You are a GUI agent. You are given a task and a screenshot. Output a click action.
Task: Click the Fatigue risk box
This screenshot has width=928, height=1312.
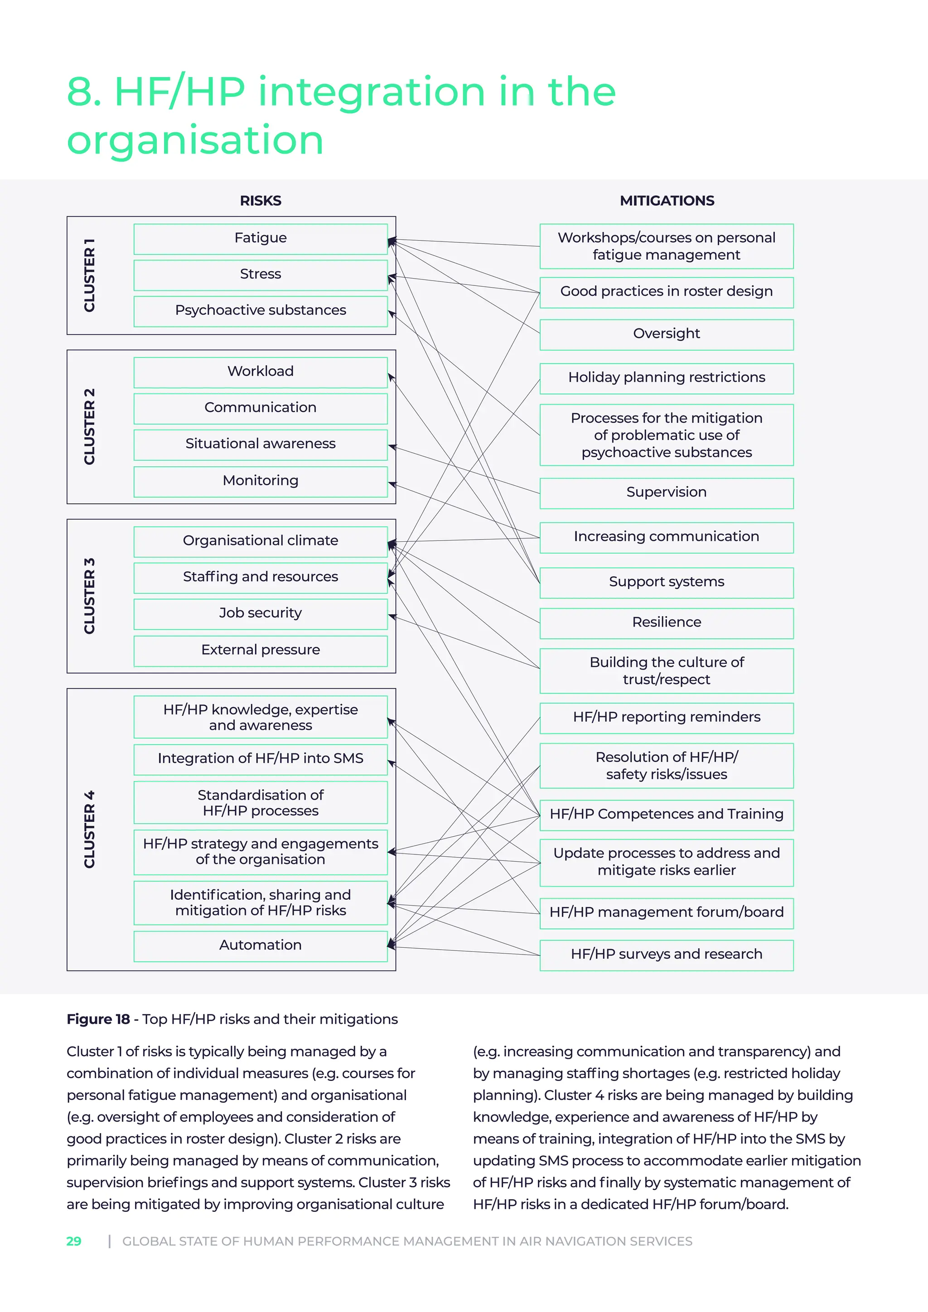click(260, 238)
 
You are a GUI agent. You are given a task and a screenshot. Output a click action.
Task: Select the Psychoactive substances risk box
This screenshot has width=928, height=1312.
click(260, 310)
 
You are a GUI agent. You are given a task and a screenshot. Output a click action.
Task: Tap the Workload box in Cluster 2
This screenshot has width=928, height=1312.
click(260, 371)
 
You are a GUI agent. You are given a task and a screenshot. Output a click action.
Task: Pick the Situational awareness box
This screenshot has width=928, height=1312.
click(260, 444)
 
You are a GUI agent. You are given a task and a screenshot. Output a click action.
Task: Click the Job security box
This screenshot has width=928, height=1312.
click(260, 613)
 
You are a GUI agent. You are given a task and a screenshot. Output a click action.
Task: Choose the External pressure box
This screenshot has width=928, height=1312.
click(260, 650)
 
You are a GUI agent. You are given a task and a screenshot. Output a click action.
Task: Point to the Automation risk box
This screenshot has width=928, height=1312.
click(260, 945)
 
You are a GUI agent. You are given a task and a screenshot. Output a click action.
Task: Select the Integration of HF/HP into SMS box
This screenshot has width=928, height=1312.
click(260, 758)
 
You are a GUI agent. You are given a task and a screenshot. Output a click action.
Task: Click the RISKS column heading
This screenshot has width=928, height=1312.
click(260, 201)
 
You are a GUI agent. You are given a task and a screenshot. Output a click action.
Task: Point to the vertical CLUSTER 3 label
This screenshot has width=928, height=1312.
click(89, 596)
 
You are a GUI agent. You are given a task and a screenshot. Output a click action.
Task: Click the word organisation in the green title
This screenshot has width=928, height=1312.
click(195, 140)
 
